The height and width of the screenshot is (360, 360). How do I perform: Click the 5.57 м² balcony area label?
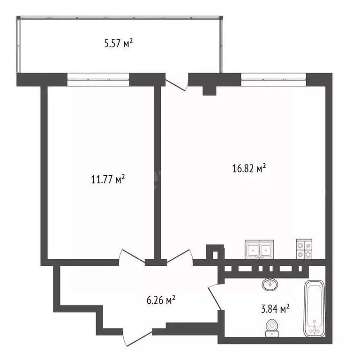click(x=118, y=45)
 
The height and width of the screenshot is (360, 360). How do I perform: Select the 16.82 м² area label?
click(x=249, y=168)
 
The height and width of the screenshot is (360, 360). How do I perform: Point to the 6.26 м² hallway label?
click(x=160, y=299)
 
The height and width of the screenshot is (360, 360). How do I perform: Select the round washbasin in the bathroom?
click(x=269, y=284)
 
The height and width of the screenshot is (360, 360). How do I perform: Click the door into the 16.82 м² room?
click(x=180, y=258)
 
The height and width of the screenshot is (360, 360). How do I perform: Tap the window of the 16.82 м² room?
click(x=273, y=78)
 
